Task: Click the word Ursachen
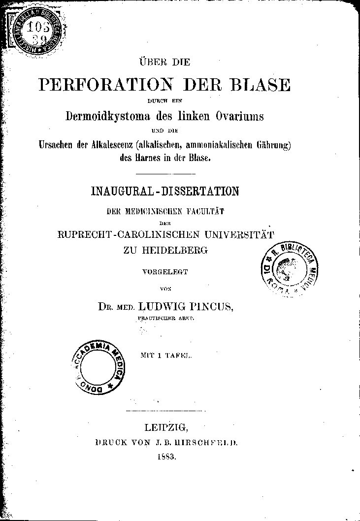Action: click(x=56, y=145)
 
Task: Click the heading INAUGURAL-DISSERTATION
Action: click(x=165, y=191)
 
